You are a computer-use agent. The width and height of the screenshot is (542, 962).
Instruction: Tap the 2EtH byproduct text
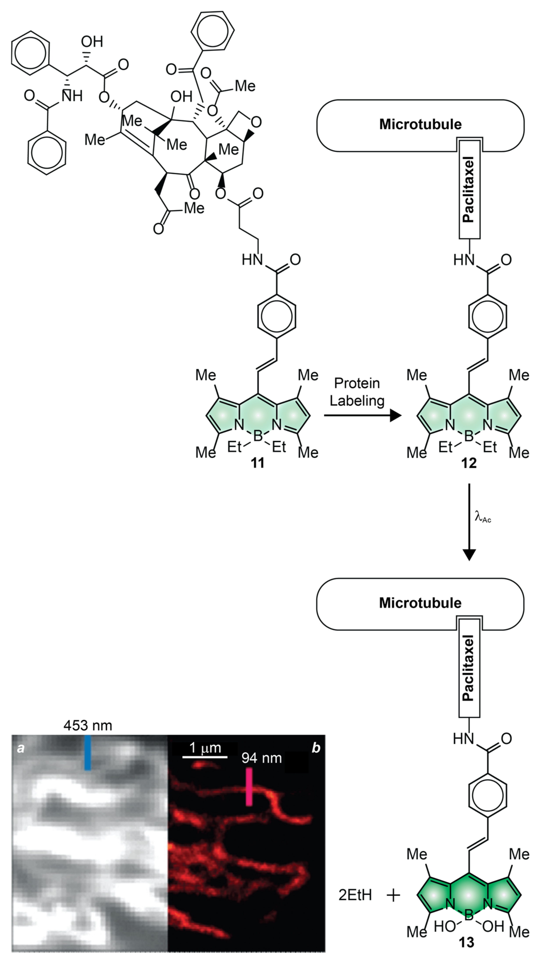355,903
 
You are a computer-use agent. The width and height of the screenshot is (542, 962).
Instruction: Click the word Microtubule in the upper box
421,124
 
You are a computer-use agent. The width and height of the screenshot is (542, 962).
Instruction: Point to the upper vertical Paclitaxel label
468,191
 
